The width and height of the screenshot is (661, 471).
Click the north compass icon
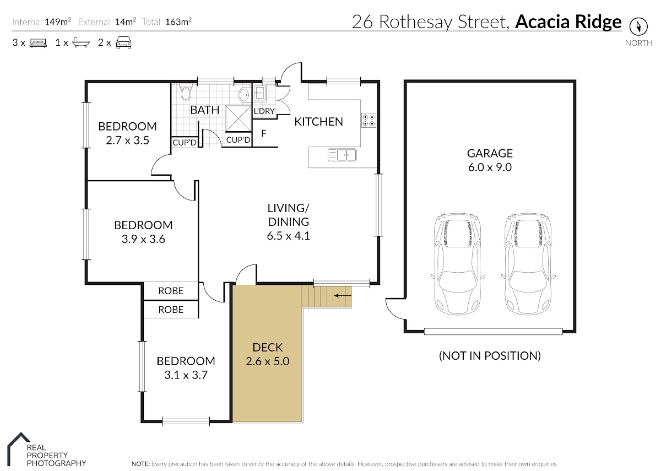coord(638,26)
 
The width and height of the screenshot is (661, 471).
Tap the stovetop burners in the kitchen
coord(369,121)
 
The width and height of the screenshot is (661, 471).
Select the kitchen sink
coord(342,155)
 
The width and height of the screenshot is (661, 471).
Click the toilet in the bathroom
coord(186,93)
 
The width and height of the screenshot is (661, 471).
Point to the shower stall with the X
coord(238,118)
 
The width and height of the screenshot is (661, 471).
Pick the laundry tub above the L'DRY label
coord(259,94)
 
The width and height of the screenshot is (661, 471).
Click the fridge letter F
coord(264,133)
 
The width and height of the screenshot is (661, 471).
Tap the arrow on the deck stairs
coord(343,295)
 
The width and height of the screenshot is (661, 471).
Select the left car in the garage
coord(458,264)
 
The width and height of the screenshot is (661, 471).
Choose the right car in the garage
coord(528,264)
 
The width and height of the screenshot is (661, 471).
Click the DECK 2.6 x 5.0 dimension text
coord(267,361)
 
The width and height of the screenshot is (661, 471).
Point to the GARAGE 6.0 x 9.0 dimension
coord(490,167)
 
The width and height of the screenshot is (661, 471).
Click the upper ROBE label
coord(171,291)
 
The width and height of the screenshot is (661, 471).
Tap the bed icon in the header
coord(39,43)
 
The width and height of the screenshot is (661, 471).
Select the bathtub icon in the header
coord(81,42)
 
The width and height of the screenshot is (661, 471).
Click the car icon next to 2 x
coord(123,43)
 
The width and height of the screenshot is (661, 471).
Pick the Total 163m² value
coord(178,22)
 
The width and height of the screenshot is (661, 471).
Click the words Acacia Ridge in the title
coord(568,22)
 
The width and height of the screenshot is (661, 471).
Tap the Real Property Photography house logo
coord(19,449)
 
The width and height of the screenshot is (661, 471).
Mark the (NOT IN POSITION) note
coord(490,356)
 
